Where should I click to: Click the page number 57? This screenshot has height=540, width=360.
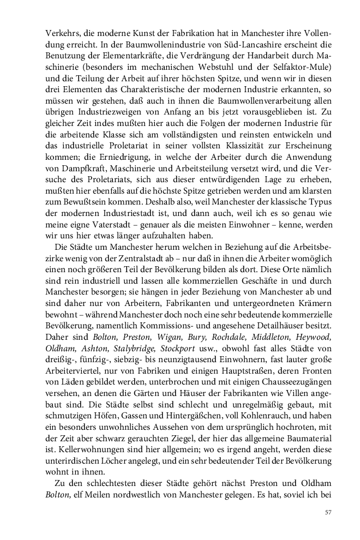pyautogui.click(x=328, y=512)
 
